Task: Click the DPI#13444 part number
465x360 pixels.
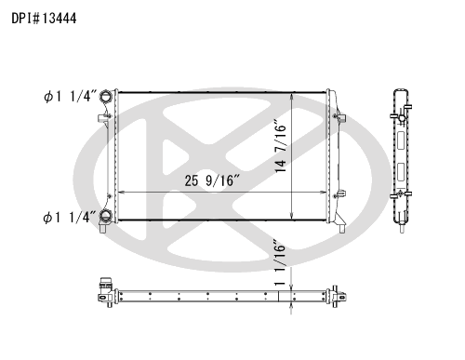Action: pos(44,19)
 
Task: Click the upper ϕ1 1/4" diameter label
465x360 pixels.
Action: pos(71,97)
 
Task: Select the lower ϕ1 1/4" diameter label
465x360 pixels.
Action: pos(70,218)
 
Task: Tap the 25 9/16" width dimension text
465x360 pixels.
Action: pos(213,180)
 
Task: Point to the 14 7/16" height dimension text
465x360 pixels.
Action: pos(280,146)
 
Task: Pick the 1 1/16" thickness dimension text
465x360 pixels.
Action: pos(279,262)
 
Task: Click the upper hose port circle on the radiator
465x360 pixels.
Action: pos(105,97)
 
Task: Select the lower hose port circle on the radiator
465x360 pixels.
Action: pos(105,216)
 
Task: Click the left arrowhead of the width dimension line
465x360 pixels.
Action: pos(121,193)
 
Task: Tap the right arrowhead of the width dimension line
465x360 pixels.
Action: pos(324,193)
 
